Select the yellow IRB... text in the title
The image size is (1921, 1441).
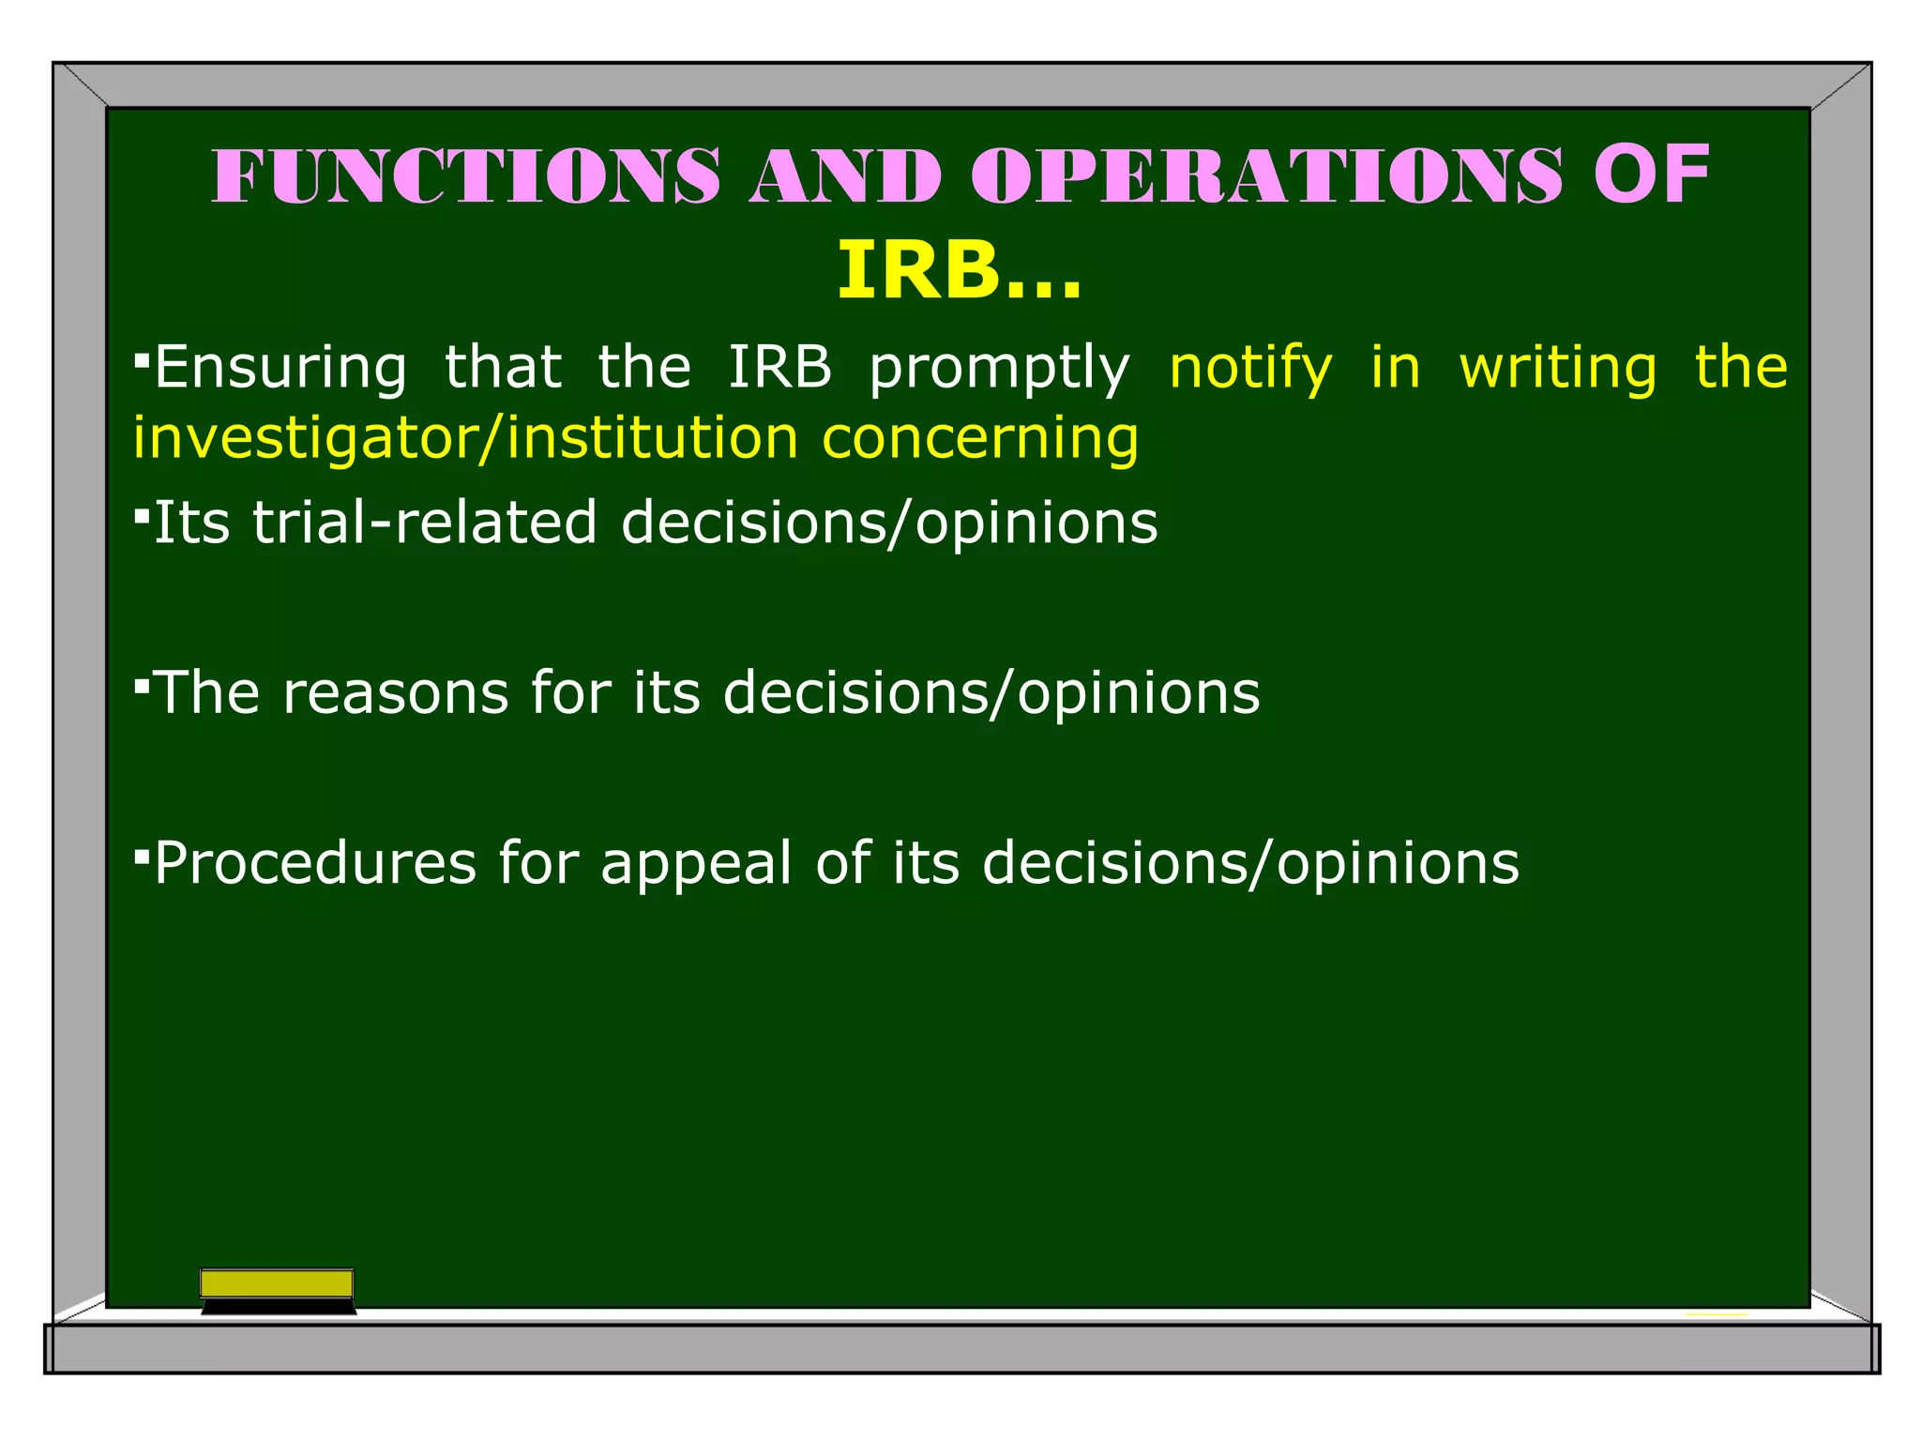[959, 271]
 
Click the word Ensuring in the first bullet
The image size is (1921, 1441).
[280, 367]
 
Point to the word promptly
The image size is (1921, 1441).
[999, 369]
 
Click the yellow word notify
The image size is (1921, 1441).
[1250, 369]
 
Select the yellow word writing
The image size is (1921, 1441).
[1558, 369]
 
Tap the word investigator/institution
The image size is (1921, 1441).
[464, 439]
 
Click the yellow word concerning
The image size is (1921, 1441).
[980, 439]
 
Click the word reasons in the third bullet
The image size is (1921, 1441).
[395, 693]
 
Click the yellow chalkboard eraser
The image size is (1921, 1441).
[277, 1283]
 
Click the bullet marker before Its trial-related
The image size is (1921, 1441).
[142, 515]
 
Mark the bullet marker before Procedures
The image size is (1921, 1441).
[142, 856]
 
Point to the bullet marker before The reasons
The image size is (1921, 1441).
[142, 686]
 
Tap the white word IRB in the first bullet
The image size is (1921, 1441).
[779, 367]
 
